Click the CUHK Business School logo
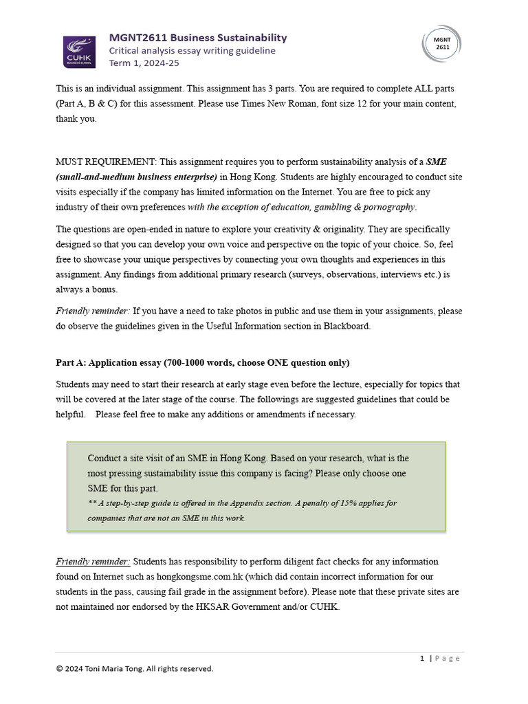80,52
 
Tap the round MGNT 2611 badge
442,43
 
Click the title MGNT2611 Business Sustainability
198,37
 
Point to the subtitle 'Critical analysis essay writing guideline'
192,50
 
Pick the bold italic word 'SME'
436,162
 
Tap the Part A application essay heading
202,362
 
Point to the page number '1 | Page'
440,658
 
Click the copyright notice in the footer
135,668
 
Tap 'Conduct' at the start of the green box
105,459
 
